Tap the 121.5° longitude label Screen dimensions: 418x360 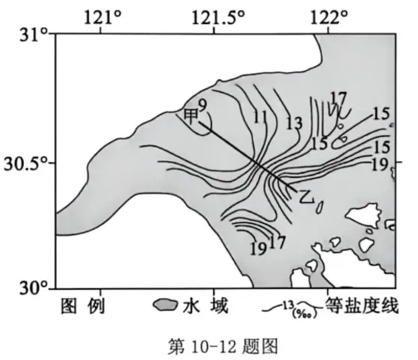[x=218, y=18]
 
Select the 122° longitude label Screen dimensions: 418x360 [x=330, y=18]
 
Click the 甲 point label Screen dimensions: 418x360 [x=192, y=117]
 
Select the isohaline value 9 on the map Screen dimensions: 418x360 [x=203, y=106]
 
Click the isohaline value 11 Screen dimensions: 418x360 [x=260, y=117]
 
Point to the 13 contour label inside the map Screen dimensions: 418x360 [x=294, y=123]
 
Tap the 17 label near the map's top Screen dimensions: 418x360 [x=339, y=98]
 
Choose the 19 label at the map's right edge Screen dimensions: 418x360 [x=380, y=165]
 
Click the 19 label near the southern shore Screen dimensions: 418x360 [x=258, y=249]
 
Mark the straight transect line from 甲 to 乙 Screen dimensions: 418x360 [x=249, y=157]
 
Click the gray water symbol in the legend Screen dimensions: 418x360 [x=166, y=305]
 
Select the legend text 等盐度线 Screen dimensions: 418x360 [x=362, y=305]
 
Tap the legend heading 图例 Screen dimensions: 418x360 [x=82, y=305]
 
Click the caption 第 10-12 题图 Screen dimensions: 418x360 [x=223, y=346]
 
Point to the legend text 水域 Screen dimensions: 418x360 [x=205, y=305]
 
